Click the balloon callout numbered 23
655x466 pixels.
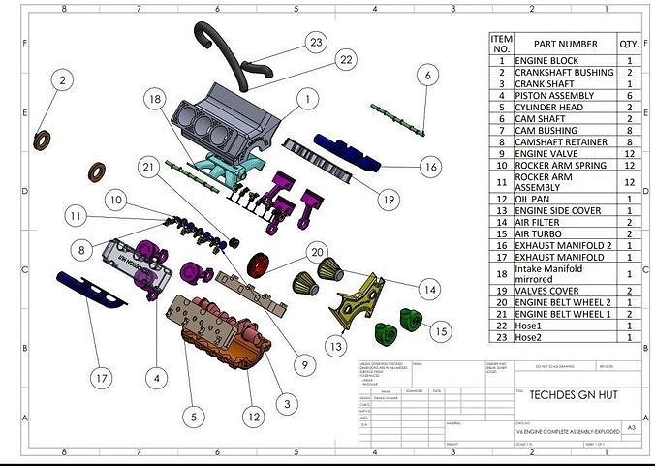tap(315, 42)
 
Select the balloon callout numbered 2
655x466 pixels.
tap(62, 80)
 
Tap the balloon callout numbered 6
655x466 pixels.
tap(426, 75)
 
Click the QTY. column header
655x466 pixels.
tap(629, 44)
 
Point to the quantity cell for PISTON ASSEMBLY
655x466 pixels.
tap(629, 95)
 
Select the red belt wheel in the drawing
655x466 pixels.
tap(259, 265)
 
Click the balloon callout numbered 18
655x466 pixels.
tap(154, 99)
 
